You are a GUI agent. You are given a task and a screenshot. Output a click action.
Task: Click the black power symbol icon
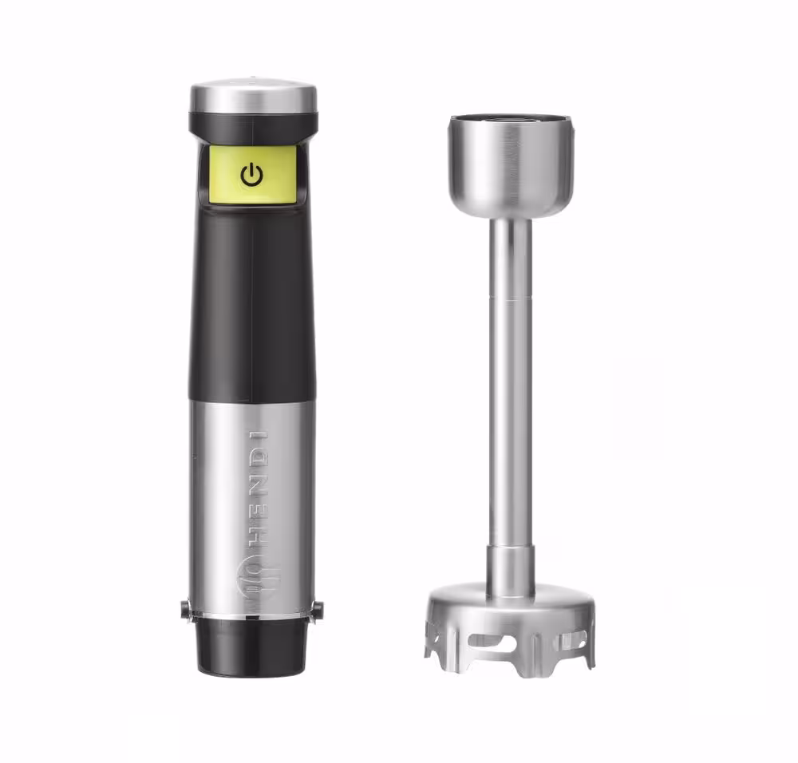pos(251,175)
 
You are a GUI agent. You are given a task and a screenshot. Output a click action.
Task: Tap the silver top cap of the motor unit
pos(254,97)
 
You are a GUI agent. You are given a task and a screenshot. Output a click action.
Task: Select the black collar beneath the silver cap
pos(254,128)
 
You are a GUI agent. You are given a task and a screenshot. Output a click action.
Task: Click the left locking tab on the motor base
pos(186,610)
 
